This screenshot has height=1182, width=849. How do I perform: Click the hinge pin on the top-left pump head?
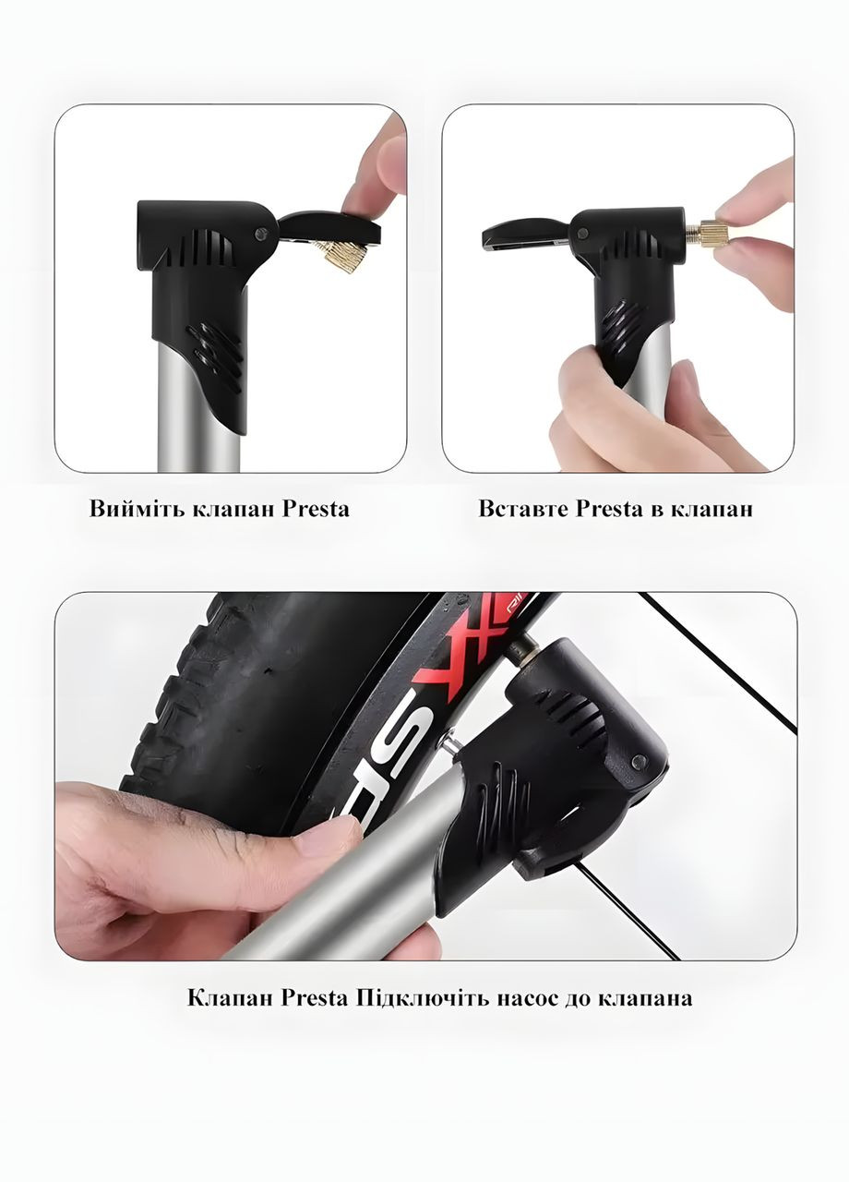click(x=260, y=232)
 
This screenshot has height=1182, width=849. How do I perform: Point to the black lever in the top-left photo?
click(x=329, y=227)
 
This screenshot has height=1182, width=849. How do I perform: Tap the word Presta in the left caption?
click(x=316, y=511)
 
